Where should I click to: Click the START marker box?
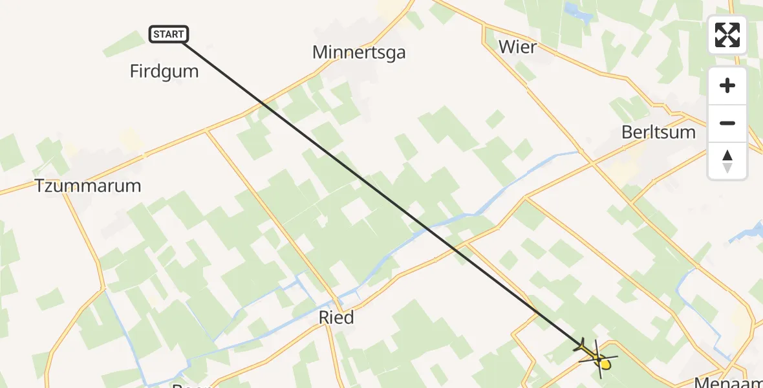tap(169, 34)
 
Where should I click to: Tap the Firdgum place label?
tap(164, 71)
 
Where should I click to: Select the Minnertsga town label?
tap(359, 52)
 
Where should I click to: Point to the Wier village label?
tap(517, 47)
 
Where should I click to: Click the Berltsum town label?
tap(658, 133)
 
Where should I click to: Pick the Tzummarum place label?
tap(88, 186)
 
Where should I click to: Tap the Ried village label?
tap(336, 318)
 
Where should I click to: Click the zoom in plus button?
tap(727, 85)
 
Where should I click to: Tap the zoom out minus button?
tap(727, 123)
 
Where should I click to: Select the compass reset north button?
tap(727, 160)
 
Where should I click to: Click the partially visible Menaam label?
tap(727, 382)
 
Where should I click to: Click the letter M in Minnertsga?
tap(319, 52)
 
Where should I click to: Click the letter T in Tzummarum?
tap(39, 186)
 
